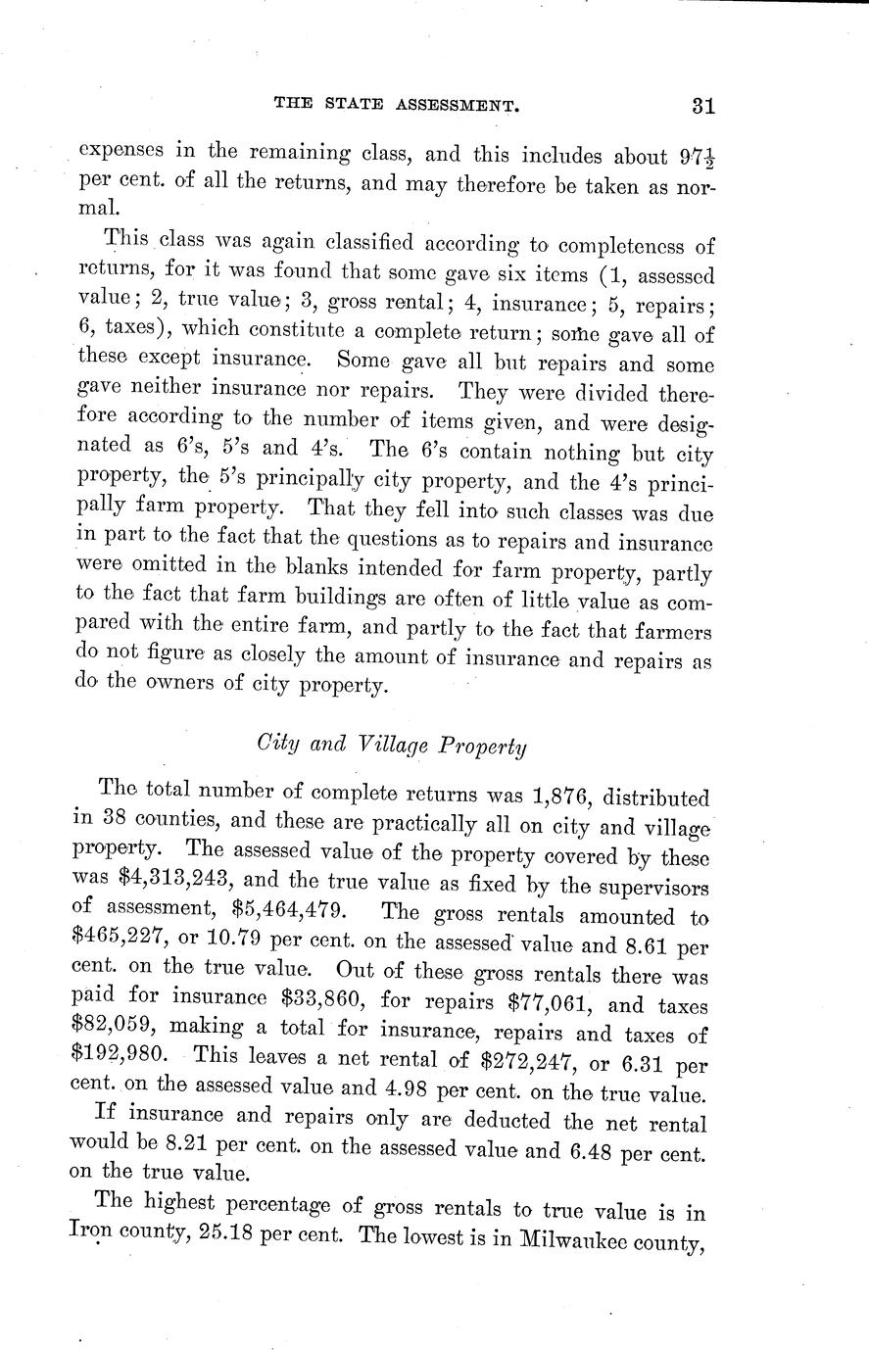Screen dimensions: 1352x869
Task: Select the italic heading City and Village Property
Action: point(391,745)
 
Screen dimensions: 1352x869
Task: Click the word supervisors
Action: point(650,887)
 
